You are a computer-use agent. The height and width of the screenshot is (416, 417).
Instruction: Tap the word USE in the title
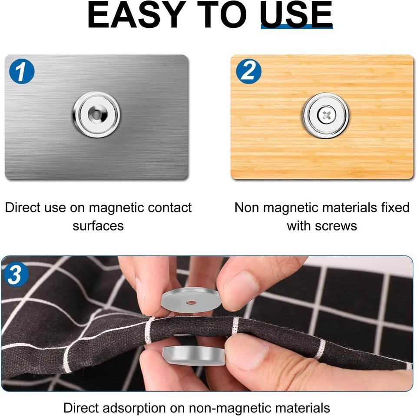click(296, 15)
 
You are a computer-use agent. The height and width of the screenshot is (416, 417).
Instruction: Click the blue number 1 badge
click(22, 71)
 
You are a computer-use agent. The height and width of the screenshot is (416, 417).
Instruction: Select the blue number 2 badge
click(248, 71)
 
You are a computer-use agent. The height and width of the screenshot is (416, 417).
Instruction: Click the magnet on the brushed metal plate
click(96, 114)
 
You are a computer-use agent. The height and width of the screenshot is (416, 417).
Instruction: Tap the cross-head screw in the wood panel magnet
click(326, 116)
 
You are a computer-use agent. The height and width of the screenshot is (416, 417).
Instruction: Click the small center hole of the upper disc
click(191, 303)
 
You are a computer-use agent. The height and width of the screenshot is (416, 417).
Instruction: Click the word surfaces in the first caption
click(98, 226)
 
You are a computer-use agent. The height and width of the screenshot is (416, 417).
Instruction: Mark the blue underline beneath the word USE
click(297, 27)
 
